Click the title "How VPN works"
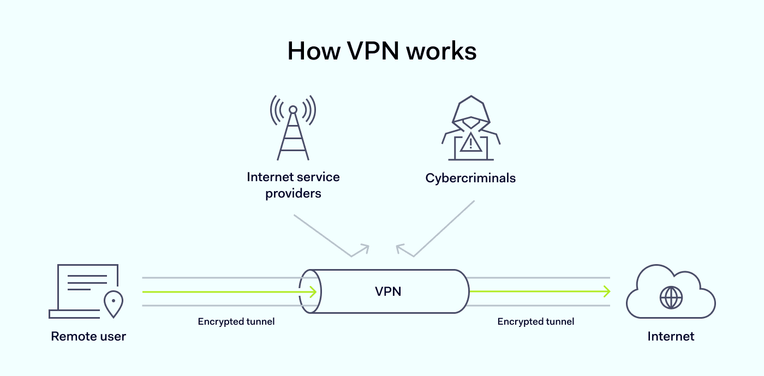point(382,51)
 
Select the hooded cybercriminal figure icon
point(470,128)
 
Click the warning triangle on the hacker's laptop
point(470,144)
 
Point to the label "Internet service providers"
point(293,185)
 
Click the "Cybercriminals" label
point(470,178)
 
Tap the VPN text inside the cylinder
point(388,291)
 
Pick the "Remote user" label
point(88,336)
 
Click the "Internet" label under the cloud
point(671,336)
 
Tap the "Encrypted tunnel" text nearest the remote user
point(236,321)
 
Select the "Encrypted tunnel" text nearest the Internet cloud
point(536,321)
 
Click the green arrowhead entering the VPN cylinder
point(313,292)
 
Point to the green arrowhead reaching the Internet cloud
point(606,292)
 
